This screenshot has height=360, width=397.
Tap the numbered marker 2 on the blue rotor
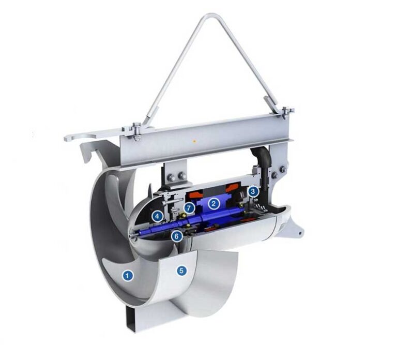[213, 203]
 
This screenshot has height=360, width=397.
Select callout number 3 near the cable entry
[253, 191]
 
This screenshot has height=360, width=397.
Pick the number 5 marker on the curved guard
[181, 269]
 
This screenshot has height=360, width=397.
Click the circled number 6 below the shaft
[177, 236]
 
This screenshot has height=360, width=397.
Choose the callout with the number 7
[190, 207]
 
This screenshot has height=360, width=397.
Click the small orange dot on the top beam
[193, 140]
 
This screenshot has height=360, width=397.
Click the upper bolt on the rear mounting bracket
[282, 169]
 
